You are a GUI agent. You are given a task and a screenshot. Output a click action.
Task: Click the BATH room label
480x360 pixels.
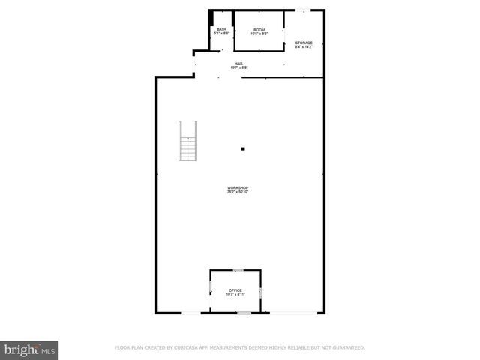221,29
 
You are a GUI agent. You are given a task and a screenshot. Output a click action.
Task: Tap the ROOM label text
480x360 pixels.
259,29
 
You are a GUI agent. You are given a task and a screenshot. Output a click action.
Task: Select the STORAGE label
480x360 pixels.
304,43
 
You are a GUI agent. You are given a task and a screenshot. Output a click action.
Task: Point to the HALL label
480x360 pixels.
238,64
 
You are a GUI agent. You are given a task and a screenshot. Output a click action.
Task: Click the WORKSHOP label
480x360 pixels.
238,187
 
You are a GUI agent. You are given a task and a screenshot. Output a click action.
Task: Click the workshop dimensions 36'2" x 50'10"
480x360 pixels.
238,192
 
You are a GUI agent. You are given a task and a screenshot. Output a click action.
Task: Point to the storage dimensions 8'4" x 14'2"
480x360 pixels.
304,47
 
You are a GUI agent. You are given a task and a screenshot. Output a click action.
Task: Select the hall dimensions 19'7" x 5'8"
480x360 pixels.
238,68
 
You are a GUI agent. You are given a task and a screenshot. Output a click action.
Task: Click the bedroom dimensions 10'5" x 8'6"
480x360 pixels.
259,34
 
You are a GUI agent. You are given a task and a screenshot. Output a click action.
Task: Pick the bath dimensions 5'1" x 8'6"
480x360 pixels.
221,34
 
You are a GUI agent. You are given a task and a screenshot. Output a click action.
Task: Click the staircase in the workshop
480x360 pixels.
187,142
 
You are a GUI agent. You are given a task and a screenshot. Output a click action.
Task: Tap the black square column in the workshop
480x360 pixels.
242,149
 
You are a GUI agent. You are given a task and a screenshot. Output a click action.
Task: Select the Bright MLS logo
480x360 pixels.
30,349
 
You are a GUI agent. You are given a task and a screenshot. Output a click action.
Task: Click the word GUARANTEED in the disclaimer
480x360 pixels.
347,347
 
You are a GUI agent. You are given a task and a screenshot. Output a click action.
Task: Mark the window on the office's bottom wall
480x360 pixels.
243,312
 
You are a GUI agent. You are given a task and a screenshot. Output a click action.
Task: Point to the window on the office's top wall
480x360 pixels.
237,269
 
